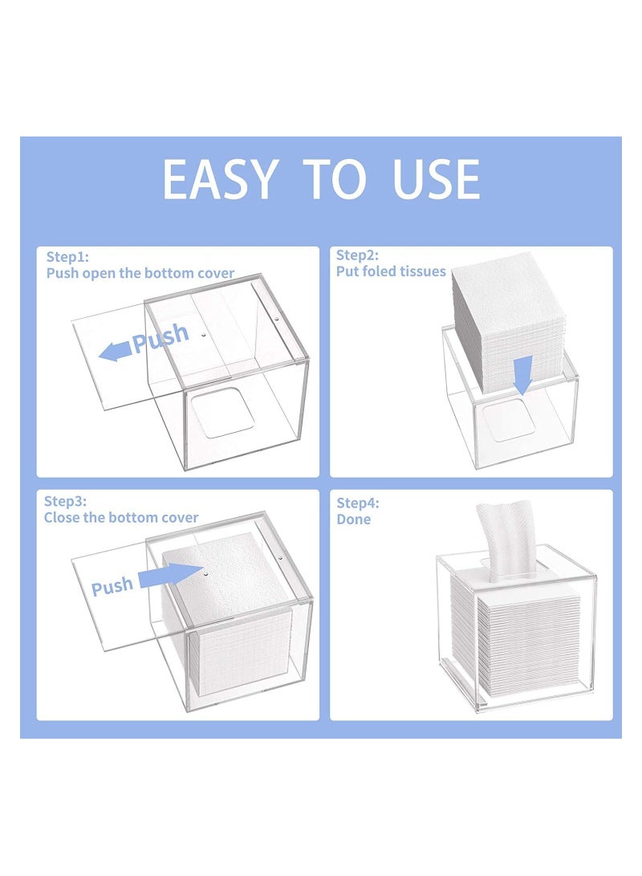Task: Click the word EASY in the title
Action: (x=219, y=179)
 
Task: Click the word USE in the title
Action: (x=436, y=179)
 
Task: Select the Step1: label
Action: (x=67, y=257)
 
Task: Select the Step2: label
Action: (x=357, y=255)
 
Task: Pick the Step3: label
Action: (x=65, y=501)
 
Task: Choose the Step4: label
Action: (x=358, y=503)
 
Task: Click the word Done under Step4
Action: (x=353, y=519)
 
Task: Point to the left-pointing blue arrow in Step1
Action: (x=116, y=352)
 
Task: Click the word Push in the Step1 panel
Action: (x=160, y=338)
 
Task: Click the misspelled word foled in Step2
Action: (x=383, y=271)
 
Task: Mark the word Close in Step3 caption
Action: (x=62, y=518)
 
